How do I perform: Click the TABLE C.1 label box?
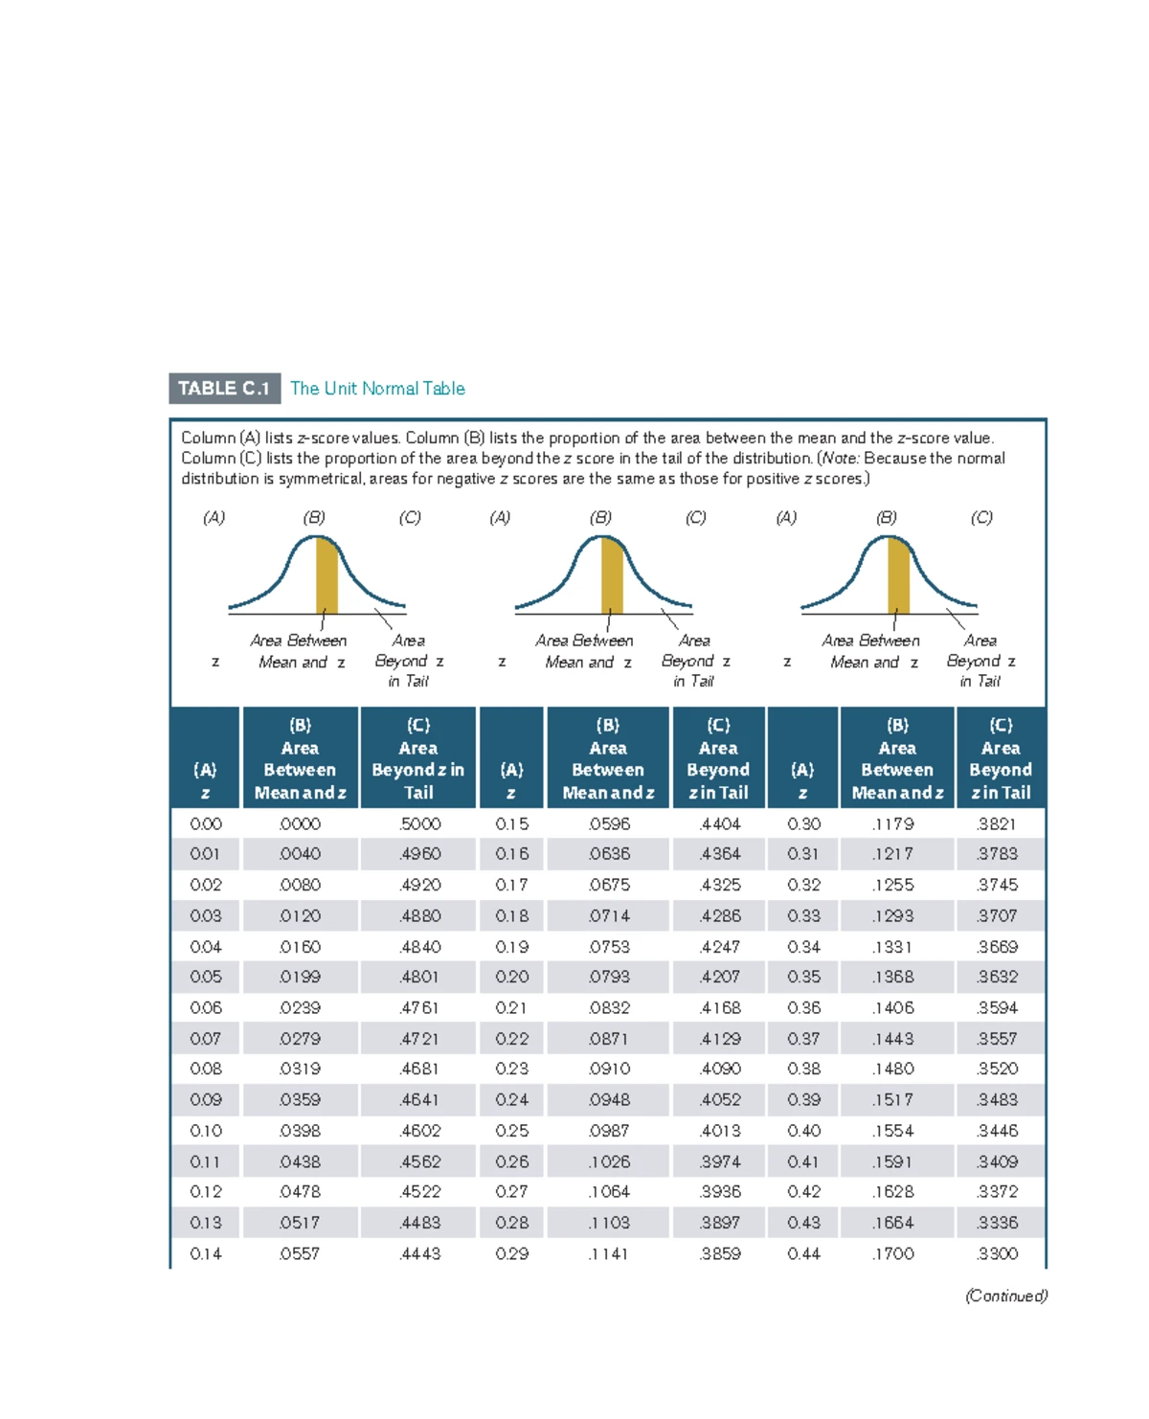pos(224,389)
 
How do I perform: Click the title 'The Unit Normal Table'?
pos(377,389)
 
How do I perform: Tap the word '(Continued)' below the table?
pos(1005,1295)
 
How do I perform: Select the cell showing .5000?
pos(420,823)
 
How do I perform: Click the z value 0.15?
pos(511,823)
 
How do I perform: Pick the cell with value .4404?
pos(719,823)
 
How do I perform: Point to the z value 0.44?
pos(803,1253)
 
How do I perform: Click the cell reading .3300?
pos(997,1253)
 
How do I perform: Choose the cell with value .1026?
pos(609,1161)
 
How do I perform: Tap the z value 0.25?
pos(511,1131)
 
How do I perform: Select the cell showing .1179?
pos(892,823)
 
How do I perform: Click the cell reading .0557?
pos(300,1253)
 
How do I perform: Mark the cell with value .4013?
pos(719,1131)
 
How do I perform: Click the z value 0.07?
pos(205,1038)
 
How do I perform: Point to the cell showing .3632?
pos(997,977)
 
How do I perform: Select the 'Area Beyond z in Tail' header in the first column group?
pos(418,758)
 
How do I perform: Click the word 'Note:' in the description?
pos(840,459)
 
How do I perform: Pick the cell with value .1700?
pos(892,1253)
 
